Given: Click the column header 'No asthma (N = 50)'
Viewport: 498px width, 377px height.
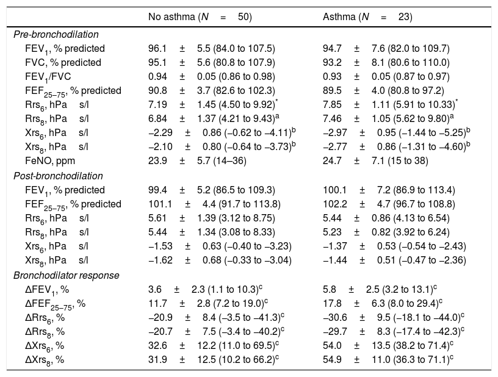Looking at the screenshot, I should (200, 17).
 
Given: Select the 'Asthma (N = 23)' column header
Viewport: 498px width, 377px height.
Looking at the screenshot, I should (367, 17).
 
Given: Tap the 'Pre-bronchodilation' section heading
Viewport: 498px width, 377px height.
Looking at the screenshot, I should (56, 35).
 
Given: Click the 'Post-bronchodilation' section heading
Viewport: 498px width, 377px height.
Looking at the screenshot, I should (58, 176).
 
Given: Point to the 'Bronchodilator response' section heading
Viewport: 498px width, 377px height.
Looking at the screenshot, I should (65, 275).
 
